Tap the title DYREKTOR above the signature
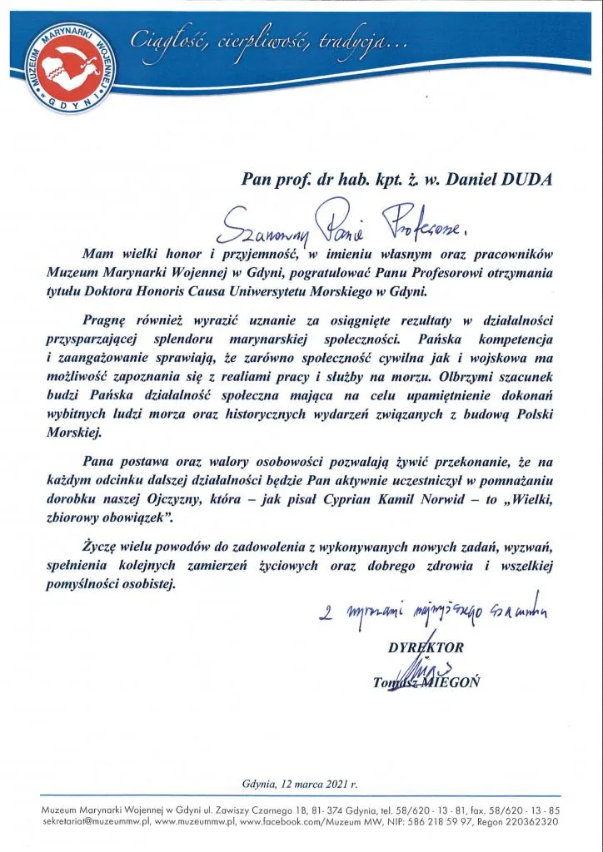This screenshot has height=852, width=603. (x=426, y=647)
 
